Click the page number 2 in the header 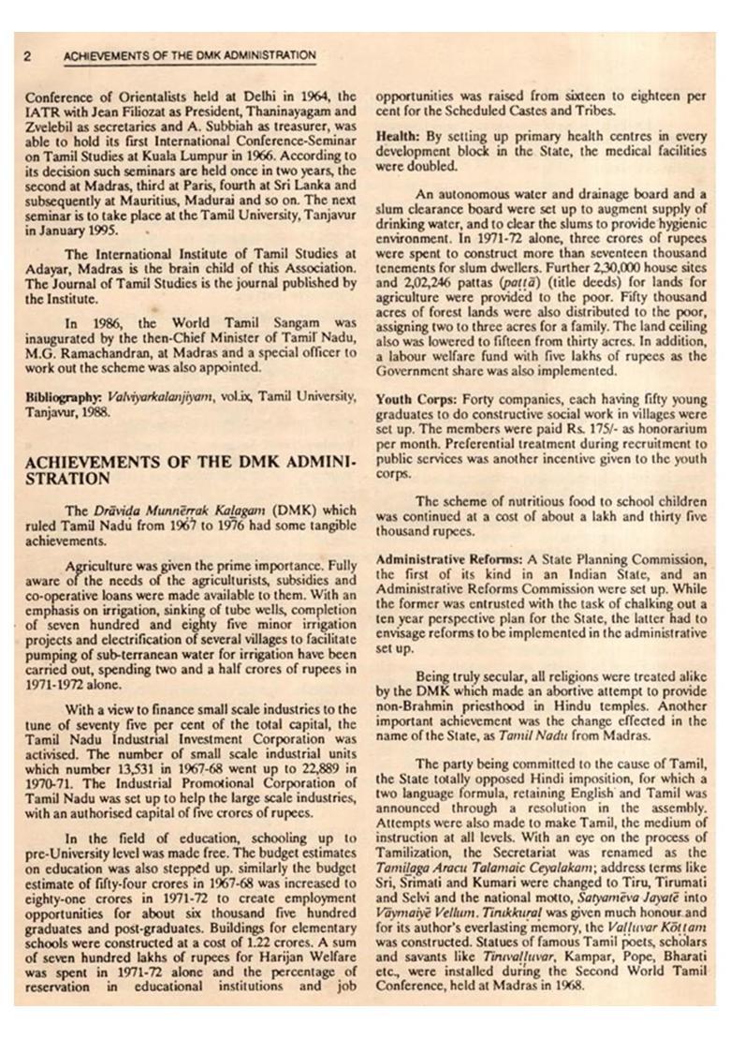coord(27,56)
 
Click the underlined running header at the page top coord(189,56)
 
